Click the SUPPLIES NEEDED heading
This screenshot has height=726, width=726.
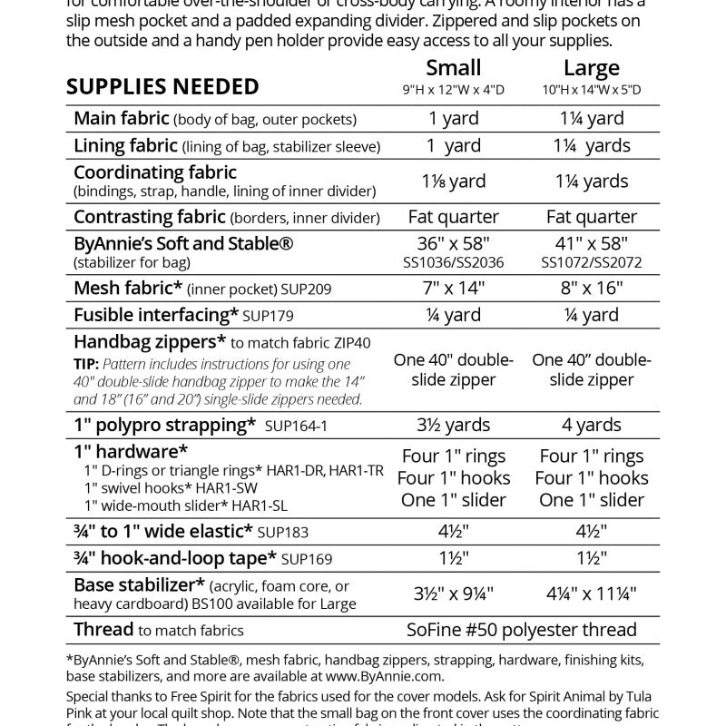coord(162,87)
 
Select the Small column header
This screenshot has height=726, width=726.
coord(453,68)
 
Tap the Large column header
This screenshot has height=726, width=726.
coord(591,68)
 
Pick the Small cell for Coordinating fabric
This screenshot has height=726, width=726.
coord(453,181)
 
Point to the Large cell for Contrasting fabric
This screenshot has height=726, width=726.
coord(591,217)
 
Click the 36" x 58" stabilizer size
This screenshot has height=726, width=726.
coord(453,244)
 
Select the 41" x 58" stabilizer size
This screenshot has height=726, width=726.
coord(591,244)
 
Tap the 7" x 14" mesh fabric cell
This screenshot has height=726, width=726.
coord(453,289)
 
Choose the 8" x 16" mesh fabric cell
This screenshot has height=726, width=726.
coord(591,289)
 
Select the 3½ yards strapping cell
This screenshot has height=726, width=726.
coord(453,425)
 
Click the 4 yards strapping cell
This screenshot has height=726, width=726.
coord(591,425)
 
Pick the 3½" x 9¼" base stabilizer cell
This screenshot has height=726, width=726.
coord(453,594)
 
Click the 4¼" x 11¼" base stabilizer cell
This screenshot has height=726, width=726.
coord(591,594)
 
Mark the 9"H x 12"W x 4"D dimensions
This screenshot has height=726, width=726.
coord(453,90)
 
